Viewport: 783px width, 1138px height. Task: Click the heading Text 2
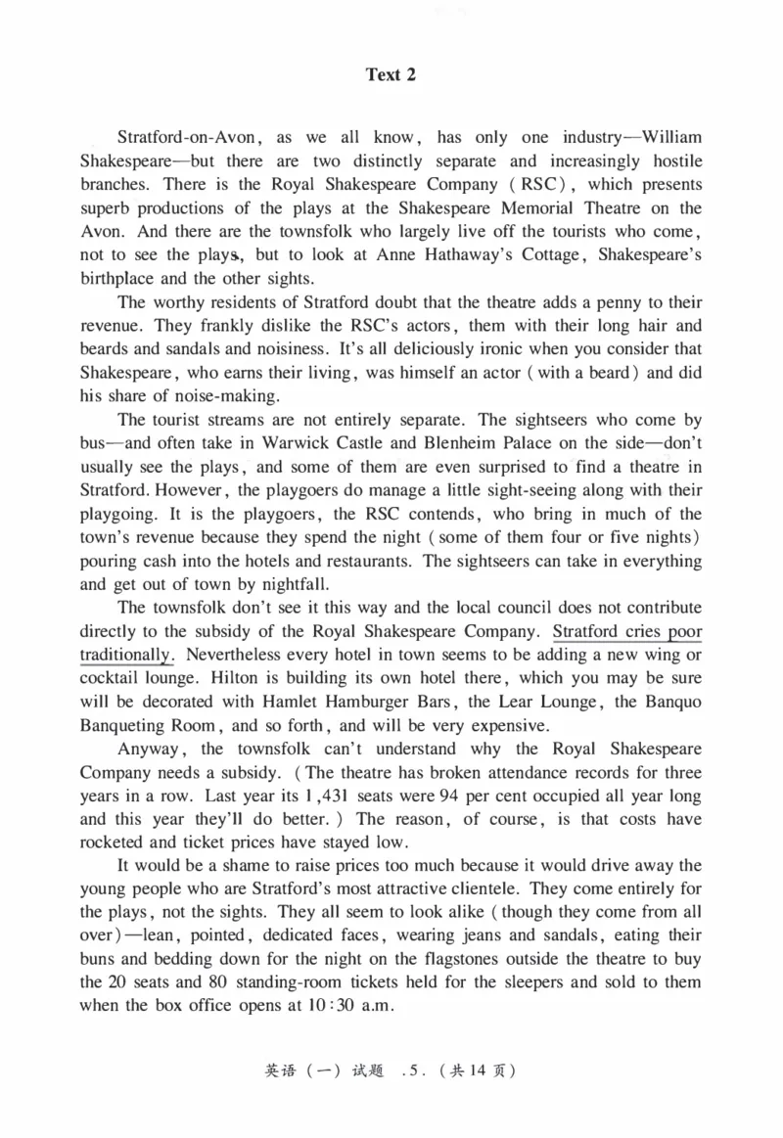click(x=391, y=74)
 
